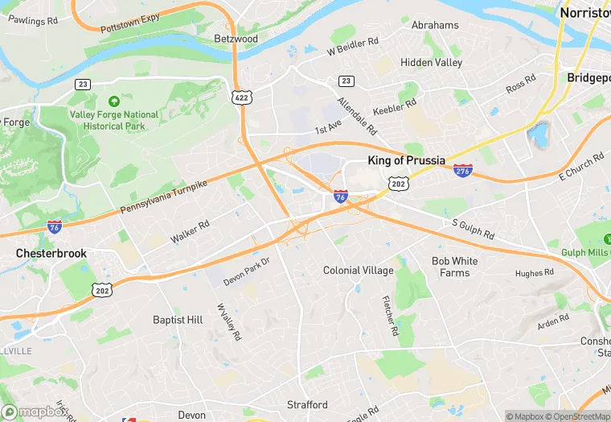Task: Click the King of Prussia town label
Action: click(406, 160)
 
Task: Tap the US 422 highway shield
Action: click(240, 97)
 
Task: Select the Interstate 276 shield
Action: click(462, 170)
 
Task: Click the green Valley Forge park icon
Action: click(113, 102)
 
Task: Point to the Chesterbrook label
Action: click(51, 253)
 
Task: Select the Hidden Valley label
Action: click(432, 63)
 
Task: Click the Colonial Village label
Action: click(359, 271)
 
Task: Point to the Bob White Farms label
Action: click(454, 267)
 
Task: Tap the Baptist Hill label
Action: click(178, 320)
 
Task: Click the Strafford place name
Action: click(307, 404)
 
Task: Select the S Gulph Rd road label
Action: click(474, 228)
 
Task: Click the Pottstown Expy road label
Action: click(130, 23)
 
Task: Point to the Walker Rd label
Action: click(190, 233)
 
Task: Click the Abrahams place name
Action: click(435, 25)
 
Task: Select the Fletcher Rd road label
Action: click(389, 314)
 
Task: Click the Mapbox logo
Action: click(34, 412)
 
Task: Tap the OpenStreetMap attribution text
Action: click(572, 416)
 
